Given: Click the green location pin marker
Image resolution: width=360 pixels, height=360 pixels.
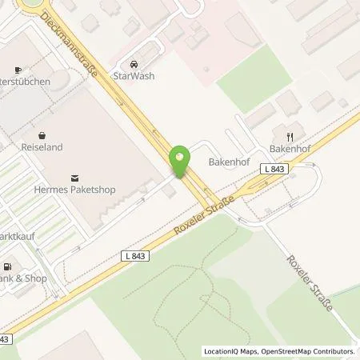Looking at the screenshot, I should [180, 160].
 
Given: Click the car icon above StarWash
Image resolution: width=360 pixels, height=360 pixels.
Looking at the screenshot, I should [134, 64].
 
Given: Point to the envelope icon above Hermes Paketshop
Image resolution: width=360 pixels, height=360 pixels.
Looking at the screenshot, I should [75, 177].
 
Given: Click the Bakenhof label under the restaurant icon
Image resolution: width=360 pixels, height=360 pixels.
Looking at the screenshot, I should [289, 148].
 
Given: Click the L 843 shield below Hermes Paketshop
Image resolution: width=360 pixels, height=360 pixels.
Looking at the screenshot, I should [137, 254].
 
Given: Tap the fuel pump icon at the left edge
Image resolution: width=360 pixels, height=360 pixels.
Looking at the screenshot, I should [7, 266].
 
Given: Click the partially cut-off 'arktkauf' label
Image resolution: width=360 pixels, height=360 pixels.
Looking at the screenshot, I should [21, 238].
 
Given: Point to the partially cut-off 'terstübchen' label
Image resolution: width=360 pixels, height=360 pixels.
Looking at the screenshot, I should [24, 82].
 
